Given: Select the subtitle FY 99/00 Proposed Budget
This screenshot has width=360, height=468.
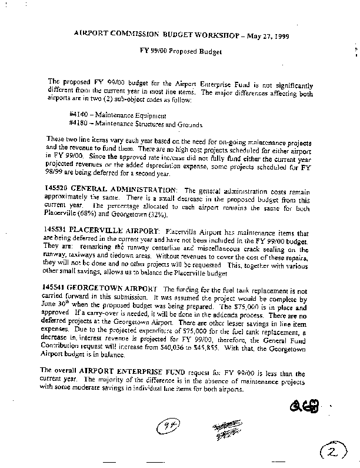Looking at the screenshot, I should [x=179, y=52].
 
